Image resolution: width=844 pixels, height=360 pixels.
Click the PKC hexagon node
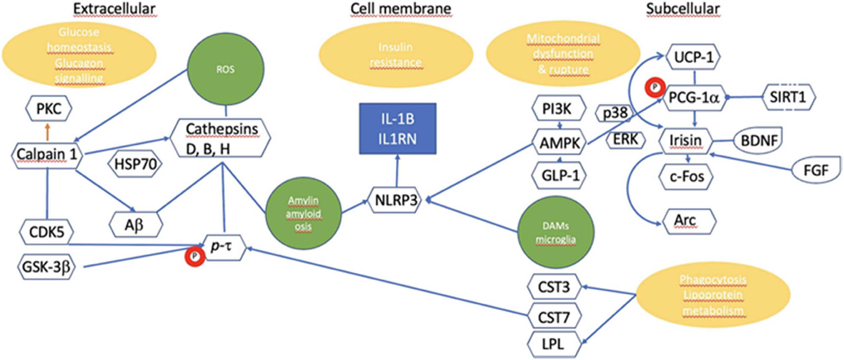point(49,109)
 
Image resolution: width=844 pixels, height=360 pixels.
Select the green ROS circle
point(225,69)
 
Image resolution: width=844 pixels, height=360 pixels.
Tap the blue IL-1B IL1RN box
point(397,129)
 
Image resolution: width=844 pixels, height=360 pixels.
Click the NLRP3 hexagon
point(395,200)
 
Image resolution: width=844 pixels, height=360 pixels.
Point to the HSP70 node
point(135,164)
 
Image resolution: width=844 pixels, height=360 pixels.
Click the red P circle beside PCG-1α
point(655,88)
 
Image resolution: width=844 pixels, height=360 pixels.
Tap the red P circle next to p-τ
point(195,256)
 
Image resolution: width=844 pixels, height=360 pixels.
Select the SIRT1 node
point(788,97)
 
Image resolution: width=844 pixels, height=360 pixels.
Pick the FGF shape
point(815,170)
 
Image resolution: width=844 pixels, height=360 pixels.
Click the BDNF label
point(758,140)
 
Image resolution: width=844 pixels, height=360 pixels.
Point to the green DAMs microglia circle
point(555,232)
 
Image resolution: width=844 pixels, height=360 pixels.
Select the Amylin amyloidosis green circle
point(303,214)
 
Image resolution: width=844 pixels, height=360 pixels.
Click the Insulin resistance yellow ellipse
point(395,55)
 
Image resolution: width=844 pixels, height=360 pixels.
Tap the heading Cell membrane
point(400,9)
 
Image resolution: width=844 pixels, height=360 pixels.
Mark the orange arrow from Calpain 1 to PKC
point(47,132)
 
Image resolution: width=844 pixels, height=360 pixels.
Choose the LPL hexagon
point(553,344)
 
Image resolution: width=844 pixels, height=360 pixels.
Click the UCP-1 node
point(693,57)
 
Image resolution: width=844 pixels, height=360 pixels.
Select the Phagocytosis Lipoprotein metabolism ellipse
point(712,295)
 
